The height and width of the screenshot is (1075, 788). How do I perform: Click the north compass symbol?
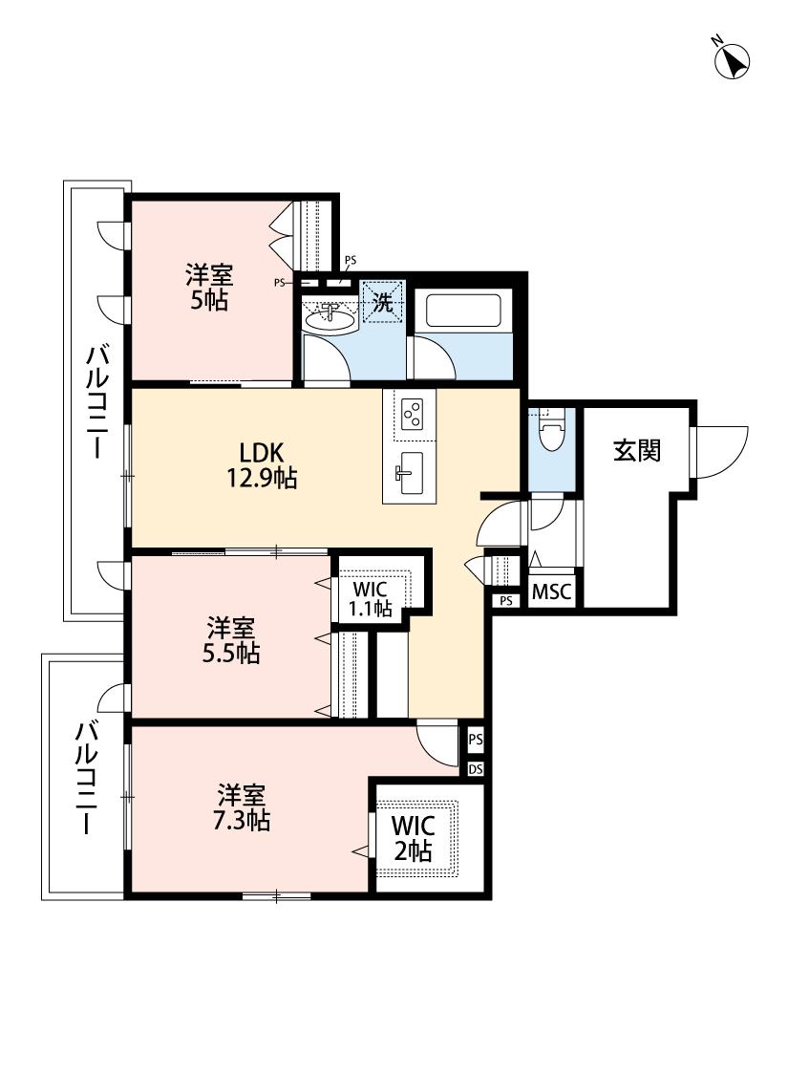tap(731, 59)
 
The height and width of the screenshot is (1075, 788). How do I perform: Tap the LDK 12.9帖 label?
tap(261, 464)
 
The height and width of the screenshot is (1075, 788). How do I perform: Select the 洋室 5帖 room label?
tap(209, 288)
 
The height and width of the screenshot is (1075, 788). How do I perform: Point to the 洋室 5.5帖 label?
tap(231, 640)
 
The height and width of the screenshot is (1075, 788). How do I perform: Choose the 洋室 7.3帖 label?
tap(242, 807)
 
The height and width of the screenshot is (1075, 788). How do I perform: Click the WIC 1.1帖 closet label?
tap(371, 598)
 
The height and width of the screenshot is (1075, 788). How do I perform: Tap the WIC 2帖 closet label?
tap(413, 838)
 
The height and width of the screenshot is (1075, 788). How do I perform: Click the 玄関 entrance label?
tap(636, 450)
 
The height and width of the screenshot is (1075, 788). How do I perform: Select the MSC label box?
tap(552, 591)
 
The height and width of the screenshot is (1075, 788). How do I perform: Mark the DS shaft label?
tap(476, 769)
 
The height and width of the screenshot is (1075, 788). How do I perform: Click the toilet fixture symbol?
tap(551, 431)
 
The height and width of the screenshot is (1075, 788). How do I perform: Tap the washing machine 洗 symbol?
tap(383, 302)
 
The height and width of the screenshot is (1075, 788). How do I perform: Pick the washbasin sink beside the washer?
tap(330, 318)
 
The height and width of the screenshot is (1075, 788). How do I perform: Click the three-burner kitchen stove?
tap(414, 414)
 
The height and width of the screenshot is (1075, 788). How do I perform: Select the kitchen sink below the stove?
tap(411, 472)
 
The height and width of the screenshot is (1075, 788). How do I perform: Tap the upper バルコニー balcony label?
tap(96, 402)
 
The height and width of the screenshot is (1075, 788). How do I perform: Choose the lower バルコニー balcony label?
tap(86, 778)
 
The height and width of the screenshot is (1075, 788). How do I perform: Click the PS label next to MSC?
tap(506, 601)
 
